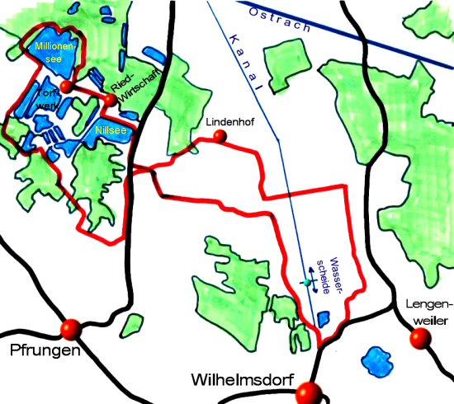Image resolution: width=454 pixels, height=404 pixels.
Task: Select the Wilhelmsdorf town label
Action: point(241,381)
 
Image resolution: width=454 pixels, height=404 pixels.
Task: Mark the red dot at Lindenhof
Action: point(220,136)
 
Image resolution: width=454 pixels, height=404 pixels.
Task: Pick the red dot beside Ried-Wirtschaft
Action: point(110,101)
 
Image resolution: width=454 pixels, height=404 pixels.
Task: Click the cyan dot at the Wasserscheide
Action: point(306,283)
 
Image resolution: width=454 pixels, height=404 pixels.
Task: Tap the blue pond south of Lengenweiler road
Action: point(377,361)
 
